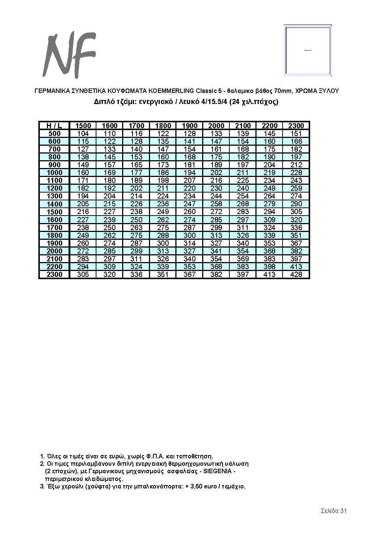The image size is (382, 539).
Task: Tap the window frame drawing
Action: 308,50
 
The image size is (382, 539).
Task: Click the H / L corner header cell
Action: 54,126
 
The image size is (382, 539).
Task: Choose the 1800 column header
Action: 163,126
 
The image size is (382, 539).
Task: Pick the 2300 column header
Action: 296,126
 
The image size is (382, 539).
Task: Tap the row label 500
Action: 54,133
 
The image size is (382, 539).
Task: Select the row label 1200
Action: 54,188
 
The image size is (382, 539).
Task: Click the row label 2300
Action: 54,274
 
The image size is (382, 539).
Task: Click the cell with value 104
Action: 83,133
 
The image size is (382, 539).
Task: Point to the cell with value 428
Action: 296,274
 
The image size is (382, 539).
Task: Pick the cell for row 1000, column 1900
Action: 190,172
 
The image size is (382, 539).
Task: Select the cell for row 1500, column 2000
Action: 216,212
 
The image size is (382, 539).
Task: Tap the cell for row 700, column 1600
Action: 109,149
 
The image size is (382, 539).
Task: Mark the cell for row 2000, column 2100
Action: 243,251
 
